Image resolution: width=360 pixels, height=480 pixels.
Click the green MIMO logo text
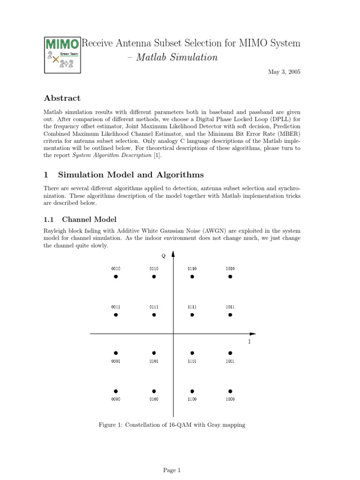[x=61, y=45]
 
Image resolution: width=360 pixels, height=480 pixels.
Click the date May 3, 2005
[x=284, y=72]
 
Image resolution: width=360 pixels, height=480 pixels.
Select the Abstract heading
[x=62, y=98]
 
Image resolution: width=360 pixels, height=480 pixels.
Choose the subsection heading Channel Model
[x=89, y=219]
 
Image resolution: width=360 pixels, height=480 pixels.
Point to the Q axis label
[x=163, y=255]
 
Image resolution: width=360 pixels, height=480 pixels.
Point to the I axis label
[x=249, y=342]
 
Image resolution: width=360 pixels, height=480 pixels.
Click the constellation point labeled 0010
[x=116, y=277]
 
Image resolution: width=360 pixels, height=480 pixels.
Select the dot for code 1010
[x=230, y=277]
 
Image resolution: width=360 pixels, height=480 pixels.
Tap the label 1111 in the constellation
[x=192, y=307]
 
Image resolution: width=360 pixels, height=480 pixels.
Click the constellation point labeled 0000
[x=116, y=391]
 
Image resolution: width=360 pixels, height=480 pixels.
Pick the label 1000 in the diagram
[x=230, y=399]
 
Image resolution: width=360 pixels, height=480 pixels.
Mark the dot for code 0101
[x=154, y=353]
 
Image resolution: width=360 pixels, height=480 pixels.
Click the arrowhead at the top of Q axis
[x=173, y=255]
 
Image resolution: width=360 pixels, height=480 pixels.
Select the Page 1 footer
[x=172, y=470]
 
